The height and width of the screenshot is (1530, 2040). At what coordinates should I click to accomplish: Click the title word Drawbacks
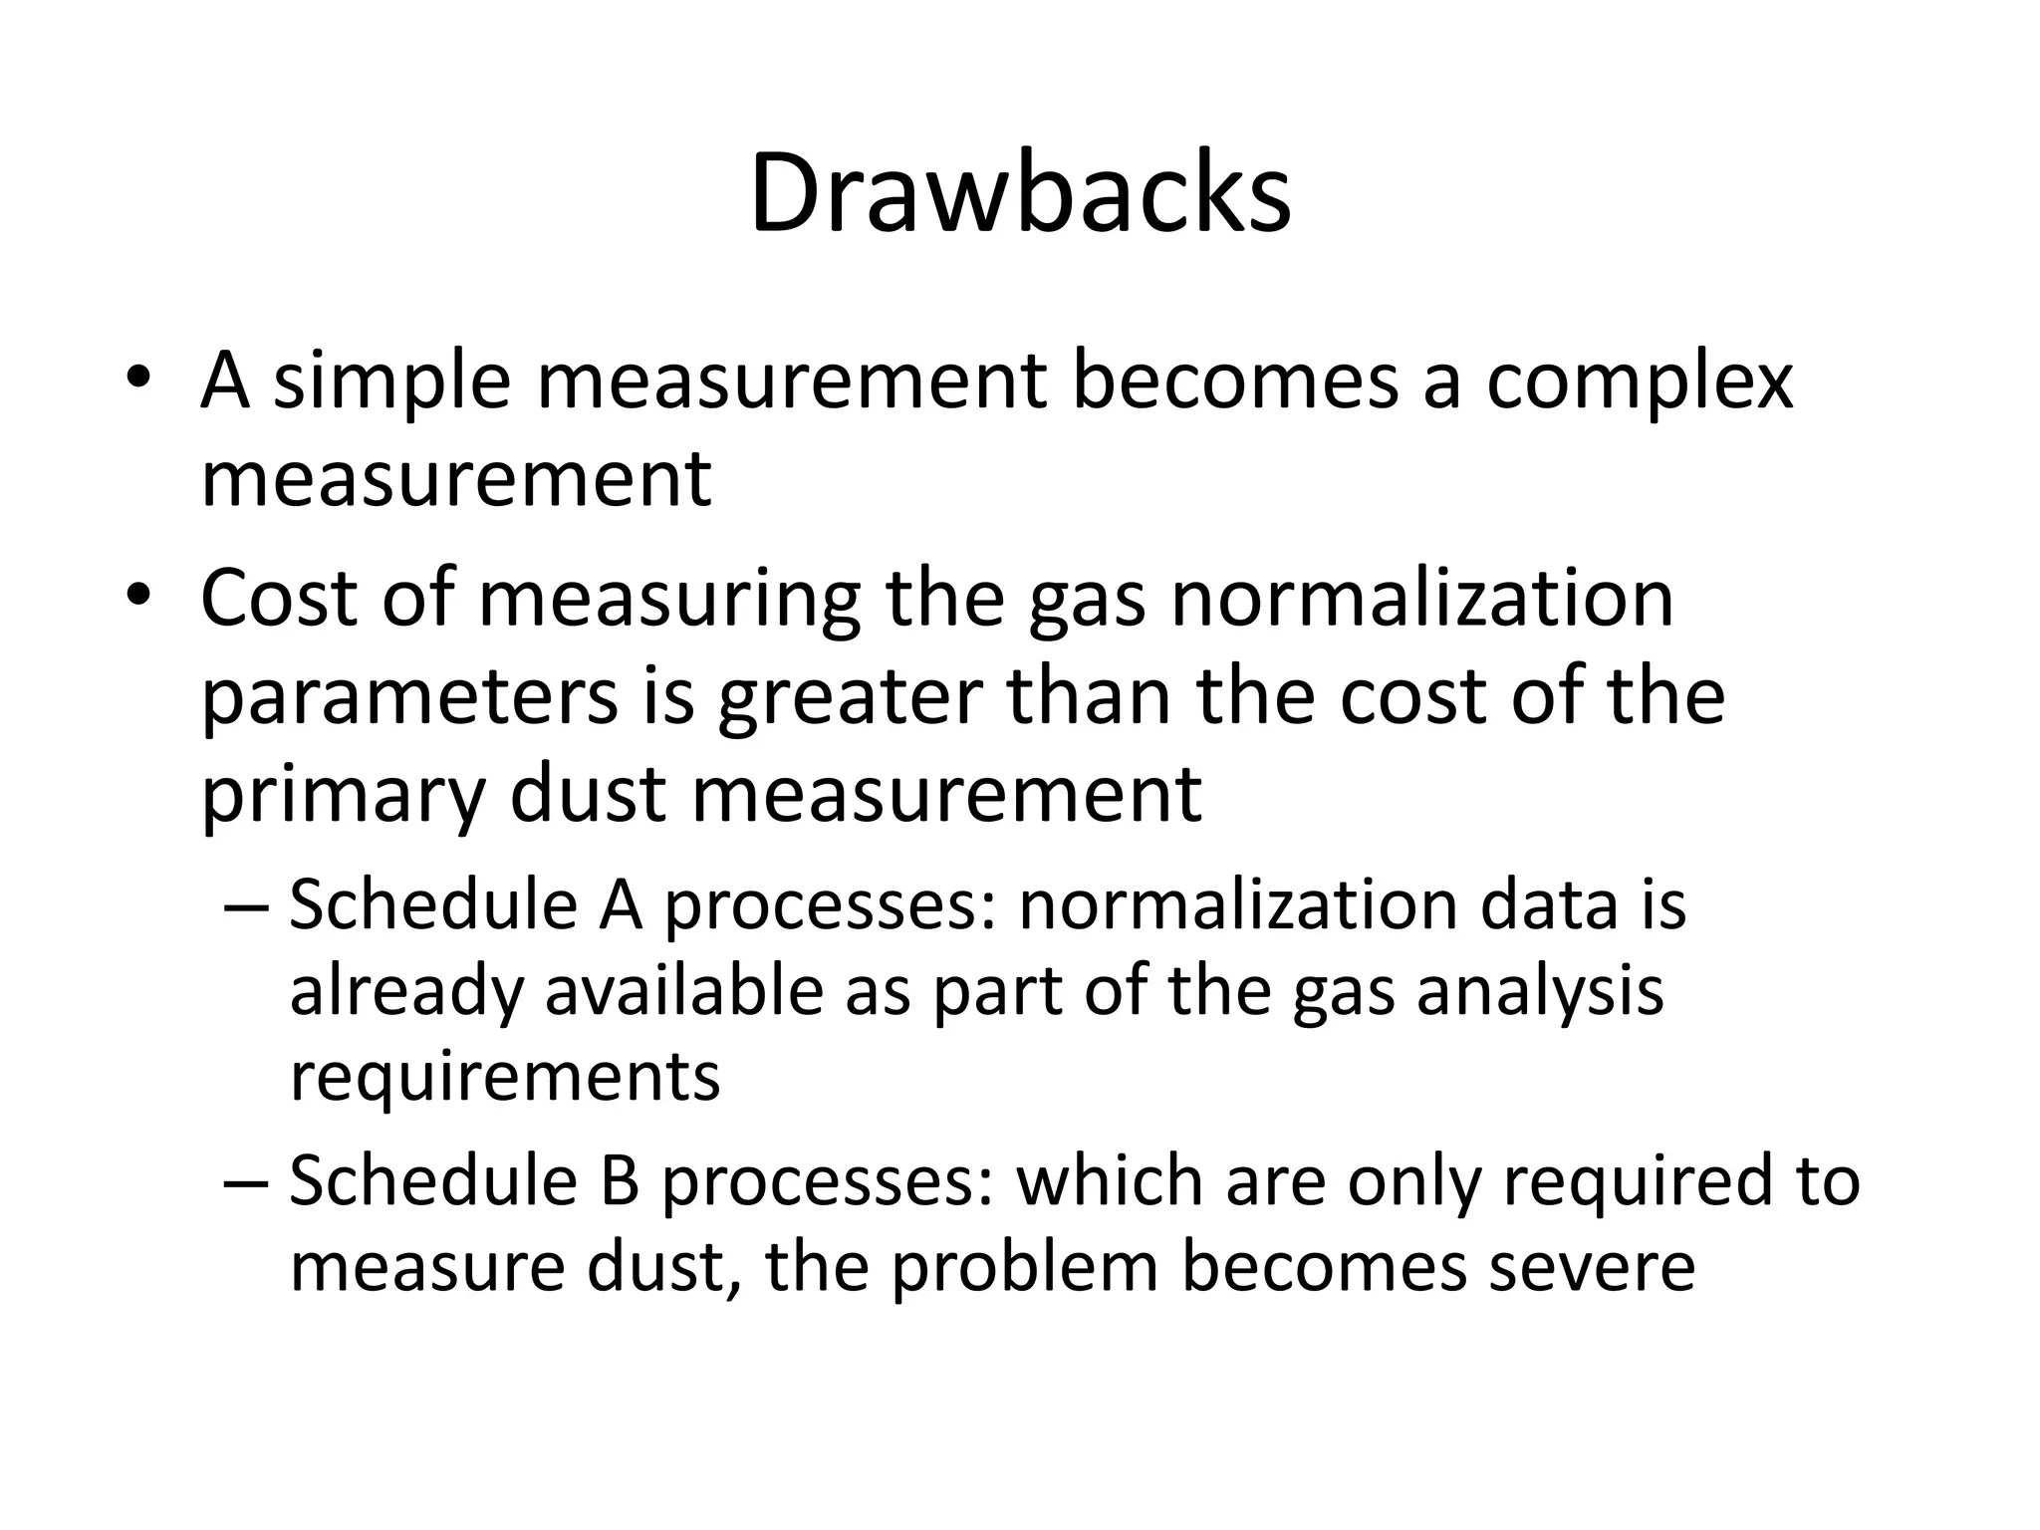(1020, 193)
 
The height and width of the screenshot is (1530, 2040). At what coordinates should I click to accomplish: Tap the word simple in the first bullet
(391, 383)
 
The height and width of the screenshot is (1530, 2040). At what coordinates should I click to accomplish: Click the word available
(684, 991)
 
